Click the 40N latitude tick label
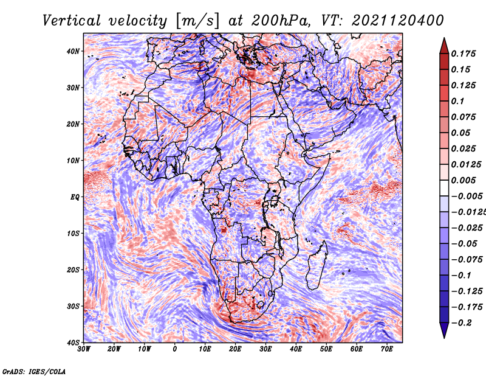tap(73, 51)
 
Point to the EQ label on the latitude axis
tap(75, 197)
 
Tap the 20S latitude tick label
tap(73, 270)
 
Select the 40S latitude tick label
tap(73, 343)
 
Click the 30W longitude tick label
tap(84, 349)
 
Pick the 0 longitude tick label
tap(175, 349)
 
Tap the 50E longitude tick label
tap(326, 349)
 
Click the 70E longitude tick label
tap(387, 349)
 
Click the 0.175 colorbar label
tap(464, 54)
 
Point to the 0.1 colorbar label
tap(458, 101)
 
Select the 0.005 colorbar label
tap(464, 180)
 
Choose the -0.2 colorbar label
tap(461, 323)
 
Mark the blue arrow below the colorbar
tap(444, 330)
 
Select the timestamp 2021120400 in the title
tap(398, 21)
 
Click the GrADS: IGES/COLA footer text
tap(34, 372)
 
